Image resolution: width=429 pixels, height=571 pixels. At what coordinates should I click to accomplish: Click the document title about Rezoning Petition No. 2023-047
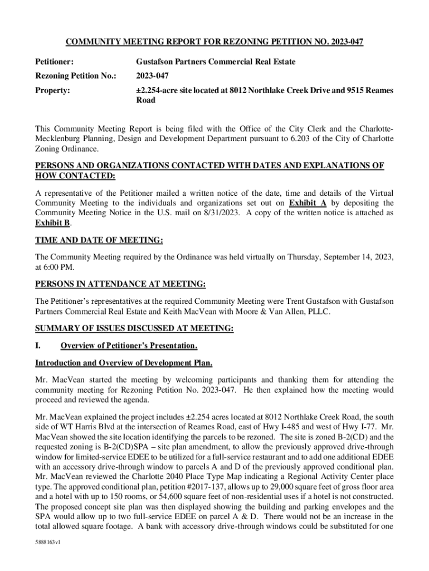[x=214, y=42]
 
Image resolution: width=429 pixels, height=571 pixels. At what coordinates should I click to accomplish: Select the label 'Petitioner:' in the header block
[x=55, y=62]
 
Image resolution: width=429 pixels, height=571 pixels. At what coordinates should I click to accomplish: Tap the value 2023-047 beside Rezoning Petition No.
[x=152, y=76]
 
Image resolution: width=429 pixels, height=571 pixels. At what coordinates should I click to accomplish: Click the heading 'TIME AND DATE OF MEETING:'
[x=99, y=240]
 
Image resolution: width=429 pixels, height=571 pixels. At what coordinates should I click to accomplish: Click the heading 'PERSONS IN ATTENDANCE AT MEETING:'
[x=120, y=284]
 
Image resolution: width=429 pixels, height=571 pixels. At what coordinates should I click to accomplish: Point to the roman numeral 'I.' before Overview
[x=38, y=346]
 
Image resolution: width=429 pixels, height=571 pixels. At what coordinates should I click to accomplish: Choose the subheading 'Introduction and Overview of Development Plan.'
[x=124, y=363]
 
